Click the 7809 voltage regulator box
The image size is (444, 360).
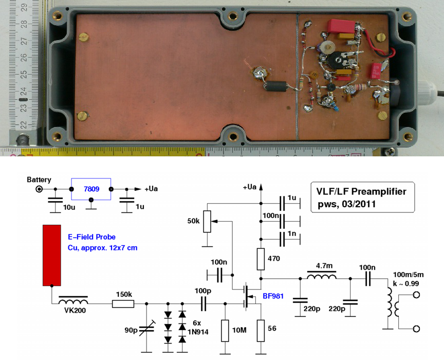90,189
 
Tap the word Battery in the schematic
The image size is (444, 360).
39,179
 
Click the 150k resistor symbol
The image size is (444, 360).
123,304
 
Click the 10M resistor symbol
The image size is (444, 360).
225,330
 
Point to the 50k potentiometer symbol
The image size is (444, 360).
207,221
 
